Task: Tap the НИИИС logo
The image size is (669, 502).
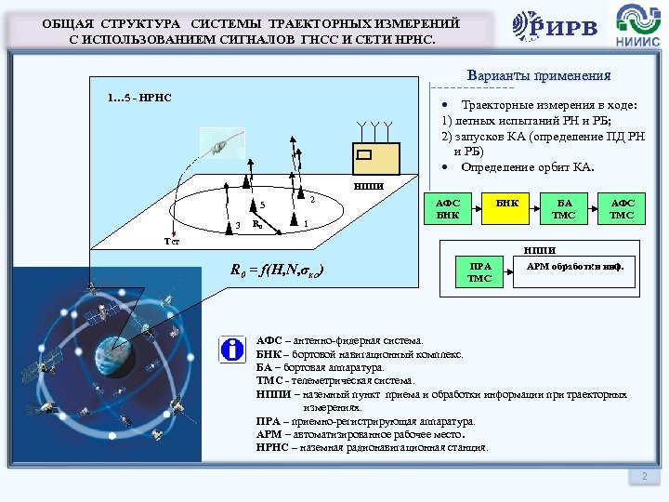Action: [635, 27]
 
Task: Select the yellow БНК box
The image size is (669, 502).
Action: [508, 208]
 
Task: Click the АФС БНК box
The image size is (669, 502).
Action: [449, 208]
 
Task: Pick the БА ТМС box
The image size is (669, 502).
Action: [563, 208]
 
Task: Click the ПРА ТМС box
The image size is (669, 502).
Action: [479, 271]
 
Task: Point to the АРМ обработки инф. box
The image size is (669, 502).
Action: [576, 267]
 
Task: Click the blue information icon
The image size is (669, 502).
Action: [230, 350]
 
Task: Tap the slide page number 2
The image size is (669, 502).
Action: [643, 476]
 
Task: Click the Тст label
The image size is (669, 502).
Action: [171, 241]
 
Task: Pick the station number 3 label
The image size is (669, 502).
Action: [238, 225]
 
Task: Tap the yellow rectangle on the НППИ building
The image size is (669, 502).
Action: [365, 155]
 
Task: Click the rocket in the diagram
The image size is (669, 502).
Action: [226, 141]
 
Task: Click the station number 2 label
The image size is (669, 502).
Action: [313, 199]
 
